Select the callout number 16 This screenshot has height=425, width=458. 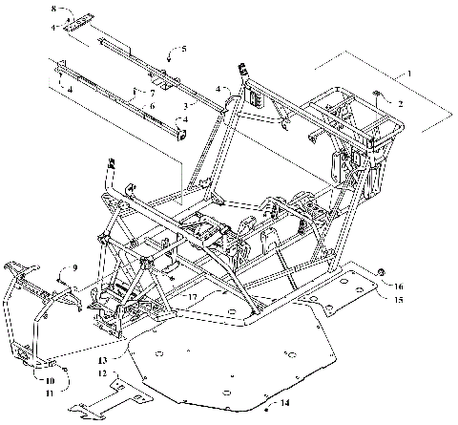click(399, 285)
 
